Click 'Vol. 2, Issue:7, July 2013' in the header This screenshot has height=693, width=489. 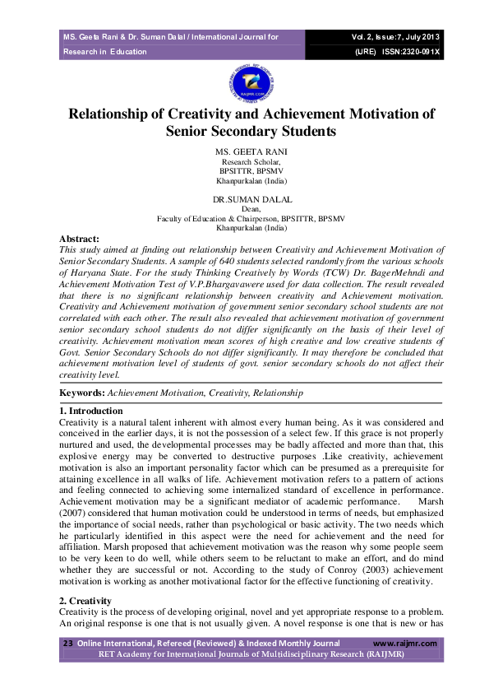pos(396,37)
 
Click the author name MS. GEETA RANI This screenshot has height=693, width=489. pos(245,153)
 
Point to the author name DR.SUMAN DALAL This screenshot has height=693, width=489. pos(245,199)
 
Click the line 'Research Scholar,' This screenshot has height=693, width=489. pos(245,162)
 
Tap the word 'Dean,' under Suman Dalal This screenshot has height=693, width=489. pos(245,209)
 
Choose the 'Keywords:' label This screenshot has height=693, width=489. pos(81,393)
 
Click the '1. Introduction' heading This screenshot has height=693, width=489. pos(91,411)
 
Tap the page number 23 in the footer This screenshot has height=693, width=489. pos(68,644)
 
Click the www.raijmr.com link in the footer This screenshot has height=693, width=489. pos(405,644)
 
